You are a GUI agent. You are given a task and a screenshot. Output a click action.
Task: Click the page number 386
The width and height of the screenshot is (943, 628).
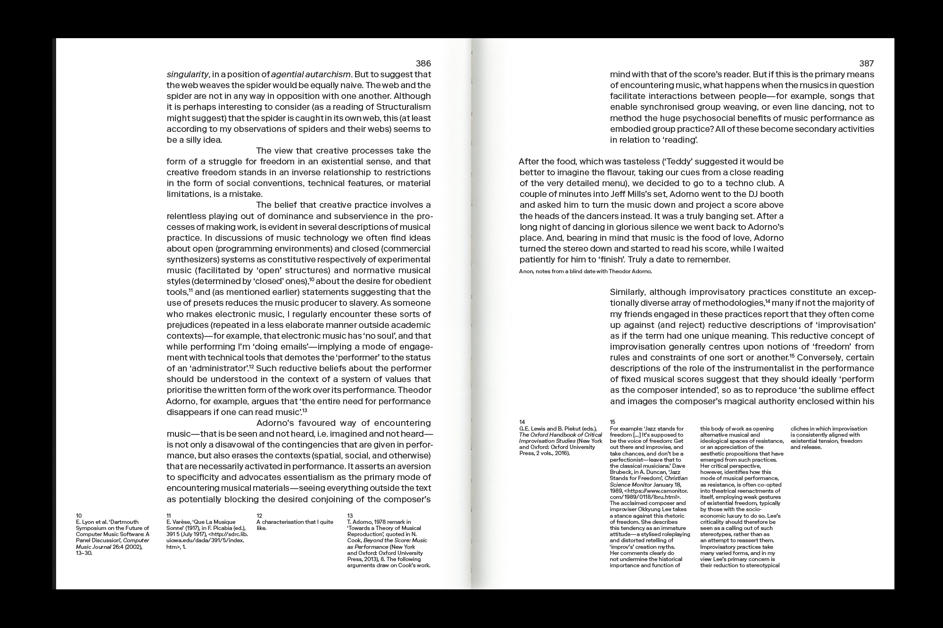point(423,64)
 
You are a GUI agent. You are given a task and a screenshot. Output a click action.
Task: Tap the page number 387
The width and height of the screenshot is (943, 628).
point(867,64)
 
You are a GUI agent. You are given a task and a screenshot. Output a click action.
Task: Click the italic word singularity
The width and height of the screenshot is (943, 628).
point(187,74)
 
